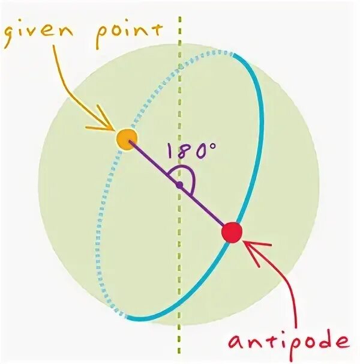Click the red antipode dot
point(232,231)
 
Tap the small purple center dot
point(179,185)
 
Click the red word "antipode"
point(288,342)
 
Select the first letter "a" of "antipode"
point(236,342)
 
